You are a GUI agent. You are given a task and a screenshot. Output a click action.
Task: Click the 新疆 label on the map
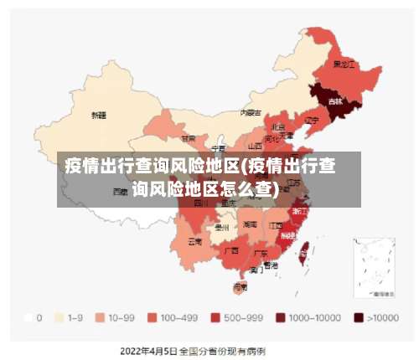pos(99,116)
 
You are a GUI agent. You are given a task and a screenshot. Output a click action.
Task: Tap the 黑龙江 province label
pos(344,64)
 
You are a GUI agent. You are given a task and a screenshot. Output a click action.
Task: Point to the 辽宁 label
pos(311,121)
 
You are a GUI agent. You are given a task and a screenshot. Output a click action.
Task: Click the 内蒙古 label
pos(251,111)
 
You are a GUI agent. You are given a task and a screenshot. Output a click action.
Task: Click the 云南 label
pos(194,241)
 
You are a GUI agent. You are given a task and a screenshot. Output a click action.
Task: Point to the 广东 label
pos(261,253)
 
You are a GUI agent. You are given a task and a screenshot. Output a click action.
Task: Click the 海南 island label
pos(240,286)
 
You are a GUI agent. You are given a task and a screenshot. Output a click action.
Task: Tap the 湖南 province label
pos(251,224)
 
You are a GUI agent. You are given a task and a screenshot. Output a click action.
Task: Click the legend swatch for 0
pos(29,318)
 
